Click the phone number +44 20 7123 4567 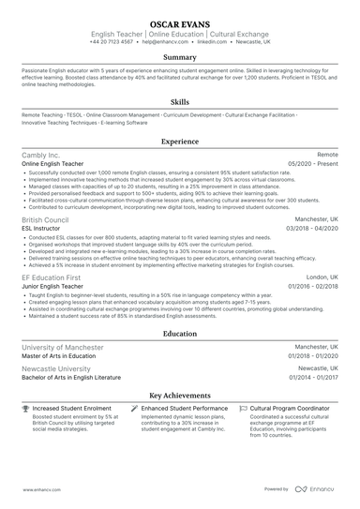click(x=112, y=42)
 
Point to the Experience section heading click(x=179, y=142)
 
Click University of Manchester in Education click(x=62, y=347)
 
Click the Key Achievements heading click(x=179, y=397)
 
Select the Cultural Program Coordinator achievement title click(x=292, y=409)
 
